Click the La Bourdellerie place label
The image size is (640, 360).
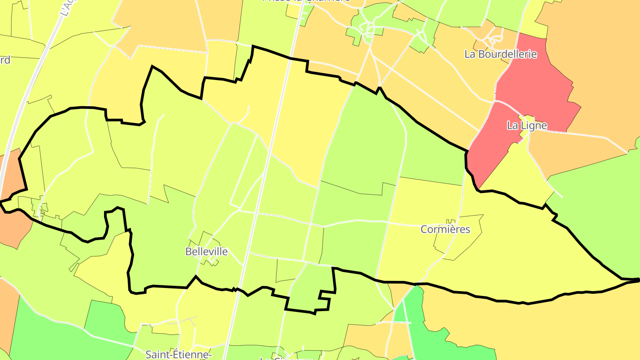500,54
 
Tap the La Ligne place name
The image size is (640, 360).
527,126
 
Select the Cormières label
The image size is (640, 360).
445,229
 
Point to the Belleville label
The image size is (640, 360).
206,252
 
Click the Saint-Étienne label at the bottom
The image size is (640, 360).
178,354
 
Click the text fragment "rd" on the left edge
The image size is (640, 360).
5,60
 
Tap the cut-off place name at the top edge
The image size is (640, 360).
306,1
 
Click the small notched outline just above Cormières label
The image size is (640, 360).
452,221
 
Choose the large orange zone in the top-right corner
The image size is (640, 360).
600,53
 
